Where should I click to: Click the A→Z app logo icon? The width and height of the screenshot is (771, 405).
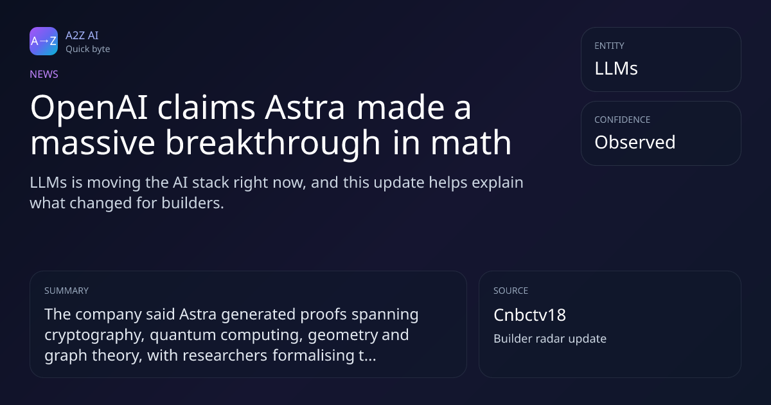point(44,41)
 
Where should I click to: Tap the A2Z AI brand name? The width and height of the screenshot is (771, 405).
point(82,35)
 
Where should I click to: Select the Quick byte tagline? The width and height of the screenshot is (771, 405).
point(88,50)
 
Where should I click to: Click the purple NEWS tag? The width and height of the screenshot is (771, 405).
point(44,74)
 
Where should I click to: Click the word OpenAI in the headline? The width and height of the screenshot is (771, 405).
point(89,108)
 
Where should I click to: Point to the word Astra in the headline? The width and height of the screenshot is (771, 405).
point(305,108)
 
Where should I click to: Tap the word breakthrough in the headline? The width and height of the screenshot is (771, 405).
point(273,143)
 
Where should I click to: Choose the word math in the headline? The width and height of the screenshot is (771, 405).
point(471,143)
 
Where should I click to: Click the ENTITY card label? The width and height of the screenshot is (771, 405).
point(609,46)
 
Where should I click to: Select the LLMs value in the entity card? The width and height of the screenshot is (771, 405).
point(616,68)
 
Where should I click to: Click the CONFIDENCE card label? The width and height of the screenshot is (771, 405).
point(623,120)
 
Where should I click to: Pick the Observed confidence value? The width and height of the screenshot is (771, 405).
point(635,142)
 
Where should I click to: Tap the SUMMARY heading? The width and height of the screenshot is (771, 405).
point(66,291)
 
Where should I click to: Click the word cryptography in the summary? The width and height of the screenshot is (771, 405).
point(94,335)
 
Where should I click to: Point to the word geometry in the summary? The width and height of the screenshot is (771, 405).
point(342,335)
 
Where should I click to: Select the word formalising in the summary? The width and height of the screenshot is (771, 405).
point(314,355)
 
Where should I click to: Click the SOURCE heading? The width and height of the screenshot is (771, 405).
point(511,291)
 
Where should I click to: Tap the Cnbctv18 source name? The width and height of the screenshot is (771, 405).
point(529,315)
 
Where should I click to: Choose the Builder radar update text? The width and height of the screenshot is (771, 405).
point(550,339)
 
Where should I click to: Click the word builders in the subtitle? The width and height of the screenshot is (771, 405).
point(193,203)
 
